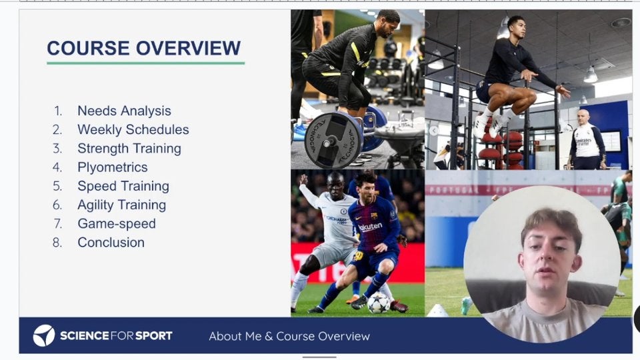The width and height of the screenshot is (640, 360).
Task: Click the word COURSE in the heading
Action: click(88, 48)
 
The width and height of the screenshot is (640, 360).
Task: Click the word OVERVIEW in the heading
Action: click(188, 48)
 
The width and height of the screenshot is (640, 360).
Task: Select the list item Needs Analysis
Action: click(124, 111)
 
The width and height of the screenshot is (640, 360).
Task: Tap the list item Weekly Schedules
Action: click(133, 129)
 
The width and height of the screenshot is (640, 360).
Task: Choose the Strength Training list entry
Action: click(129, 149)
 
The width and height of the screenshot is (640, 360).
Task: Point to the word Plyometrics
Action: click(112, 167)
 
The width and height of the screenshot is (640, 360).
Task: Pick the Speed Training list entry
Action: click(123, 186)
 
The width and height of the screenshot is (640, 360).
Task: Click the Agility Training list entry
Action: click(121, 205)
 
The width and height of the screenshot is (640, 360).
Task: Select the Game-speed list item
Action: click(116, 224)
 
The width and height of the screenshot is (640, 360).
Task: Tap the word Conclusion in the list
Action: click(111, 243)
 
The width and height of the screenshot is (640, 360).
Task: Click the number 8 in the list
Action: click(57, 243)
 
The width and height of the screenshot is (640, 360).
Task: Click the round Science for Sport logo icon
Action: click(44, 335)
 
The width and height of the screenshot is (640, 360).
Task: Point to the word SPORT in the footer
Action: click(153, 336)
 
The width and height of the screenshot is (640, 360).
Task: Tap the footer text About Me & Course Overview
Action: click(289, 336)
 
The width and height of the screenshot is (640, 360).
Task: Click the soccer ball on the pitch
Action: click(379, 303)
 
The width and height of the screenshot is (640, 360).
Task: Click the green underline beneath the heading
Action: click(146, 63)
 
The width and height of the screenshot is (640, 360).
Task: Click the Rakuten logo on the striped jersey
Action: click(370, 227)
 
